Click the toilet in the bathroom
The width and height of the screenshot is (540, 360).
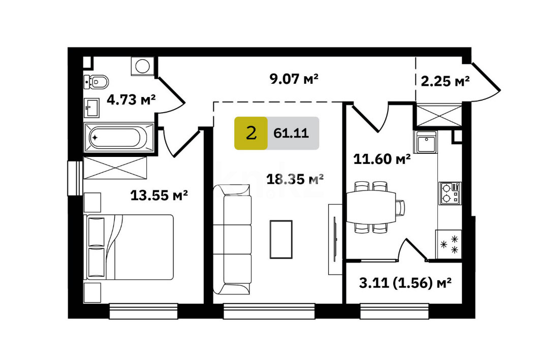coord(96,82)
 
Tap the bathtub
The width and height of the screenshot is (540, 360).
coord(118,137)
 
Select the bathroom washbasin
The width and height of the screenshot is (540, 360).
coord(91,108)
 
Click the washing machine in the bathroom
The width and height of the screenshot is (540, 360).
coord(142,66)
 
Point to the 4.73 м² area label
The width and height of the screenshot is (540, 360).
coord(131,100)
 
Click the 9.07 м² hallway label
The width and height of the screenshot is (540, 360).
coord(294,79)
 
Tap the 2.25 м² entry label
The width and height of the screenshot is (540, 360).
coord(445,81)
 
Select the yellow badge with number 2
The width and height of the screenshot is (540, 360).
coord(251,133)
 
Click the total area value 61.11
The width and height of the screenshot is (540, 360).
coord(291,133)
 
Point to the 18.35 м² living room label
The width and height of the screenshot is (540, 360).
coord(295,179)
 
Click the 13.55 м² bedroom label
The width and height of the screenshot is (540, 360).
coord(159,195)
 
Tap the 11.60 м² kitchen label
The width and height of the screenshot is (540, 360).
coord(382,159)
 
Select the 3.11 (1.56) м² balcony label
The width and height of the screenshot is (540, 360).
coord(405,283)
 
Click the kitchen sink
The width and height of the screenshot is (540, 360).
coord(425,142)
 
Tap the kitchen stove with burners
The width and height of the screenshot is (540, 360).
coord(450,193)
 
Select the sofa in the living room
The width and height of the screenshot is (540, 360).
coord(232,239)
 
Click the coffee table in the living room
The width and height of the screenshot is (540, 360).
coord(281,240)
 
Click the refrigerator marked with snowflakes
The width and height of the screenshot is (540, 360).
coord(449,244)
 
